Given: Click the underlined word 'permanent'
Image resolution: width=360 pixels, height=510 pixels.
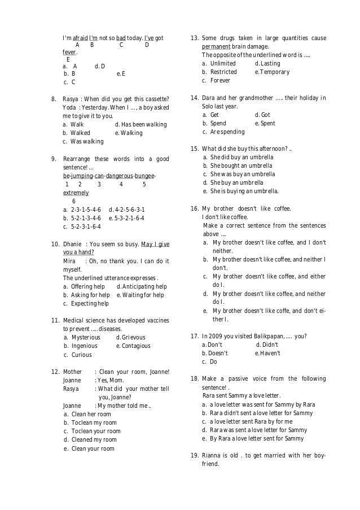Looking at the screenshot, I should click(219, 47).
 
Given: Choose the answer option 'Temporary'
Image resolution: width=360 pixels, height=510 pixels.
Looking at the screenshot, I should click(275, 72).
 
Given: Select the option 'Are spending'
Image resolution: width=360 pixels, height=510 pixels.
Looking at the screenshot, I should click(227, 132).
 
